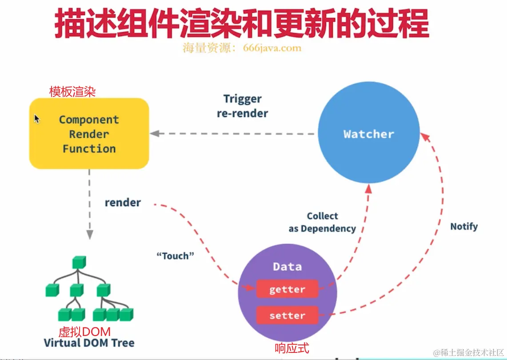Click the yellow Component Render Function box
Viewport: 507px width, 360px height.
coord(89,133)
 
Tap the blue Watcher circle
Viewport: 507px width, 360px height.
coord(368,134)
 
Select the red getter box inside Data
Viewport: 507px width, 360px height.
coord(287,289)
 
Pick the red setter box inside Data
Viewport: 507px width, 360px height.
coord(287,315)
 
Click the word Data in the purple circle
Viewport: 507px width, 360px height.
coord(287,267)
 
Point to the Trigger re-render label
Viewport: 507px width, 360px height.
coord(243,106)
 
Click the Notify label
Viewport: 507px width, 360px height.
coord(463,226)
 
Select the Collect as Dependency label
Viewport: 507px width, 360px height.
coord(322,222)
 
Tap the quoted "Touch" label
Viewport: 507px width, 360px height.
coord(176,256)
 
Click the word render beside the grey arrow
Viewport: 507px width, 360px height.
coord(123,203)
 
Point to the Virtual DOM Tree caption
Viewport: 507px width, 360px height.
coord(89,343)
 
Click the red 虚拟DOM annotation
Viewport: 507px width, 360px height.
coord(84,332)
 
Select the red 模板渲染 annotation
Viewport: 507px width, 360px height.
coord(72,92)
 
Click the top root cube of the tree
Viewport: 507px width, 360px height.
coord(79,262)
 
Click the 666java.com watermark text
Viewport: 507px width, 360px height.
coord(272,48)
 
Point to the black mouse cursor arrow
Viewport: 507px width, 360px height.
coord(37,119)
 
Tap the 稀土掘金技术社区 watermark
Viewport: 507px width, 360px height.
coord(468,352)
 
